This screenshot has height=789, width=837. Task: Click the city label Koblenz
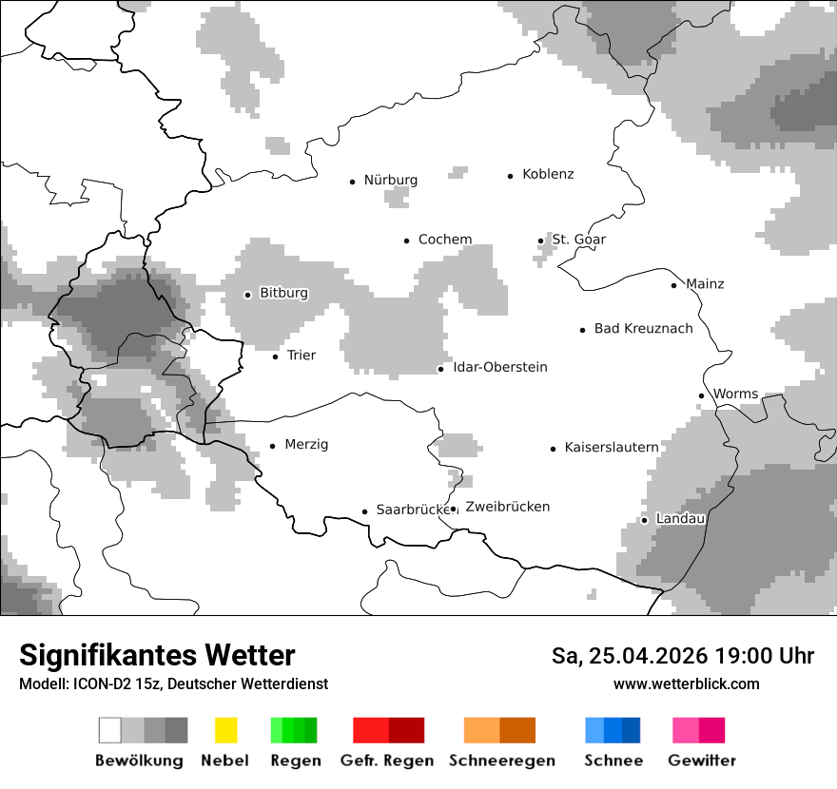[x=548, y=174]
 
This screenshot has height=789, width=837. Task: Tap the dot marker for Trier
[x=275, y=356]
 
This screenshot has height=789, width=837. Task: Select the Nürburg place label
[x=390, y=180]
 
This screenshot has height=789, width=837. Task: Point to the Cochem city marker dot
[x=406, y=241]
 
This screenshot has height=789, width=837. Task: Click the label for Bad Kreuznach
[x=643, y=328]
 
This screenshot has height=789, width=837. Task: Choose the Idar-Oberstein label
[x=499, y=367]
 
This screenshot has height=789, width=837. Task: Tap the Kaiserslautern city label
[x=611, y=447]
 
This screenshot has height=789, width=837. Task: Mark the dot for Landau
[x=644, y=520]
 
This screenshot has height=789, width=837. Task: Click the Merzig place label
[x=306, y=444]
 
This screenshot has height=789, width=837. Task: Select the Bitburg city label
[x=283, y=293]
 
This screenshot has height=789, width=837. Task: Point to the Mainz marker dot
[x=673, y=285]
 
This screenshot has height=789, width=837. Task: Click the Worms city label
[x=735, y=394]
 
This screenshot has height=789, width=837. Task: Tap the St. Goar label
[x=578, y=240]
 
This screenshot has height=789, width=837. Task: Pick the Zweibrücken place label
[x=507, y=507]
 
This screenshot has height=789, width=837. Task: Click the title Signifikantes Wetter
[x=157, y=655]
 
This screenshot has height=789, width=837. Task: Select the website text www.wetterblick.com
[x=686, y=683]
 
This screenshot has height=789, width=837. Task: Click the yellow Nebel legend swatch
[x=225, y=730]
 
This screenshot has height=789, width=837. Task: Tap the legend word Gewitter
[x=701, y=760]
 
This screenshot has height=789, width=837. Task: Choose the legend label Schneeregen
[x=501, y=760]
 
